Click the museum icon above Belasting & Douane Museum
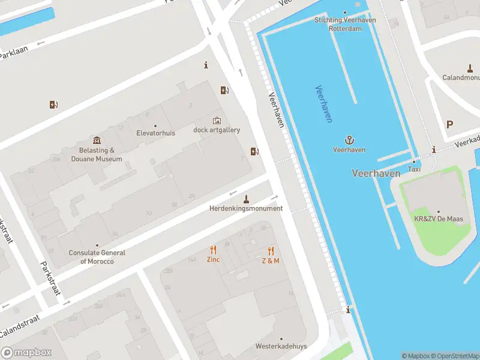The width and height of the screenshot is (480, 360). click(97, 140)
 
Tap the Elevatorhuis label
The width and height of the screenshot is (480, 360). click(155, 133)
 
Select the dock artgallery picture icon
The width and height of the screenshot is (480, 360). click(217, 121)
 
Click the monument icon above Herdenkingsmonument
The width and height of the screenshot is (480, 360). click(245, 199)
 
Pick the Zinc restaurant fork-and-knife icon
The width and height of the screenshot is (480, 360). click(213, 250)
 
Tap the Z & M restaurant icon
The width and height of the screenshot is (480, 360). click(271, 251)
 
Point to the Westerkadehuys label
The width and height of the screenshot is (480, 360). click(281, 346)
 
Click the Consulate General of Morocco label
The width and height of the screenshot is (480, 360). click(97, 257)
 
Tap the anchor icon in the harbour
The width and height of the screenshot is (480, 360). click(349, 139)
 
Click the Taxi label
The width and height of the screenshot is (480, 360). click(414, 169)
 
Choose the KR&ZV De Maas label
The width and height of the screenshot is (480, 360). click(438, 219)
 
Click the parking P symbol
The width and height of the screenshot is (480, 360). click(450, 124)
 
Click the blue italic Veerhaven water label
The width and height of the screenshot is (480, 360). click(323, 104)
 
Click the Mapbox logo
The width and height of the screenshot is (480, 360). click(26, 352)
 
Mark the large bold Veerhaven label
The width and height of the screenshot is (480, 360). click(376, 173)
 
